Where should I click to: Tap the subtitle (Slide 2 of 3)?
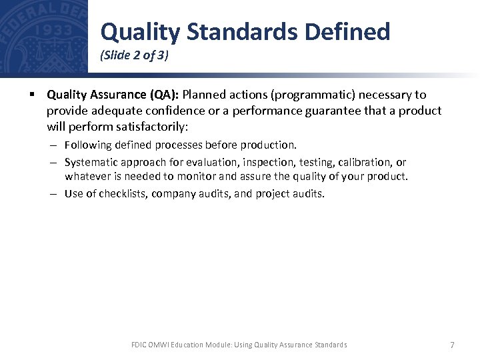[x=134, y=56]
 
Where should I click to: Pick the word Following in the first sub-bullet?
[x=87, y=145]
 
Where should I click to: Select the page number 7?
[x=452, y=345]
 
